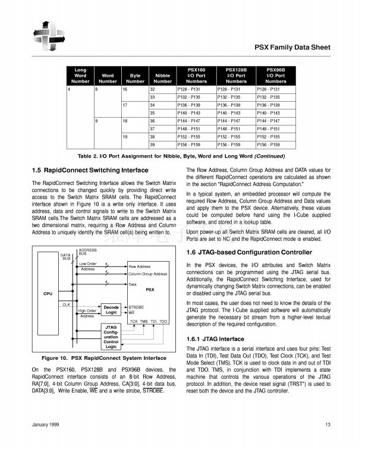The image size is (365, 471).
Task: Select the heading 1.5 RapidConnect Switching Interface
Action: click(89, 171)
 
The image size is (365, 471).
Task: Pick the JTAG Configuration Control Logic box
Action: click(111, 336)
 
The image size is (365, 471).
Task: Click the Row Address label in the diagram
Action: click(140, 267)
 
